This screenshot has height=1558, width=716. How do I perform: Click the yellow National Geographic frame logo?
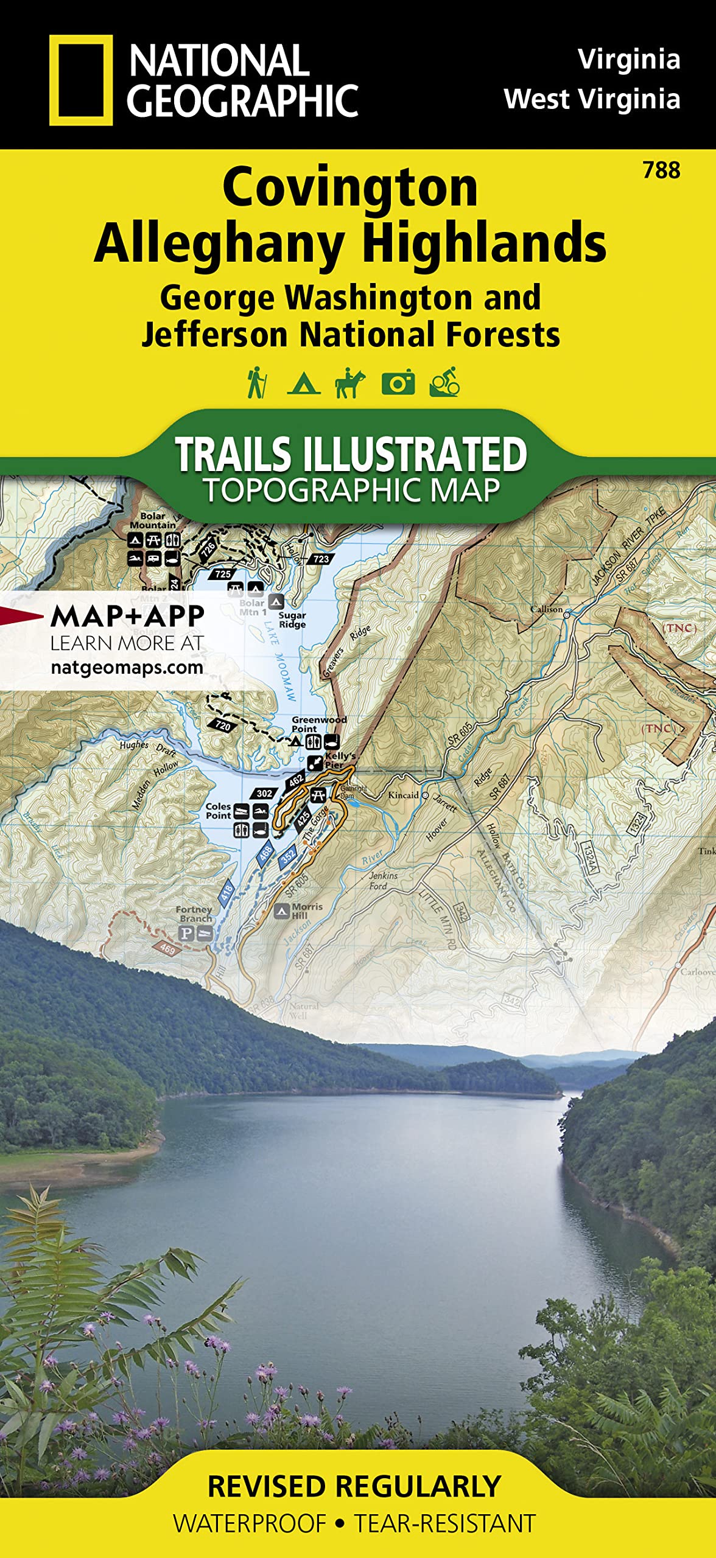[80, 80]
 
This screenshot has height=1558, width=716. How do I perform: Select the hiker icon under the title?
[256, 383]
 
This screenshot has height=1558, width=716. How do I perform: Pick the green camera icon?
[398, 383]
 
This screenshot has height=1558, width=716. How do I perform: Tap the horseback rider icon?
[349, 383]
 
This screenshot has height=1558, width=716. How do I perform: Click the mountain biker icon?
[444, 383]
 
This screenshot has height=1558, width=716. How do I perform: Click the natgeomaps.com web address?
[127, 667]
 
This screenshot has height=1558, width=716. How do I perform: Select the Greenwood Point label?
[318, 724]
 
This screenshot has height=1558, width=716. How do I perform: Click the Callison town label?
[546, 609]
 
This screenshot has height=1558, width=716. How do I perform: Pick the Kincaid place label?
[403, 795]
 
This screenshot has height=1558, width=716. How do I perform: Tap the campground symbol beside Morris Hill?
[281, 911]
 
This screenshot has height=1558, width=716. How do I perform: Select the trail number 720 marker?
[223, 725]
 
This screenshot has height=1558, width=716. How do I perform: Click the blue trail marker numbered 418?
[226, 893]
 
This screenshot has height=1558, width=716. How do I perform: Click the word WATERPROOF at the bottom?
[250, 1523]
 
